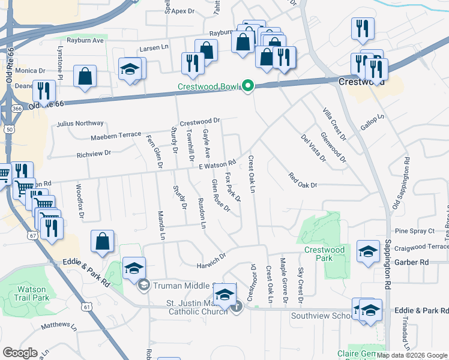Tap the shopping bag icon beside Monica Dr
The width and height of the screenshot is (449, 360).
(85, 76)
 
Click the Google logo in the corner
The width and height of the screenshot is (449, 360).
(20, 352)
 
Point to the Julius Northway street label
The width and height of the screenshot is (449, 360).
(80, 124)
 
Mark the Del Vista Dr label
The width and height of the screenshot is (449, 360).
(313, 148)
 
